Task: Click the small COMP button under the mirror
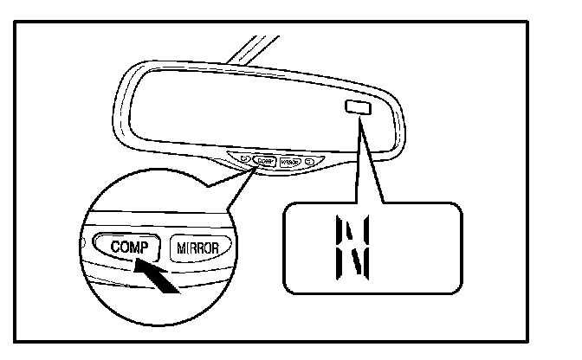coord(264,161)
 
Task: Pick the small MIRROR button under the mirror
coord(290,162)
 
